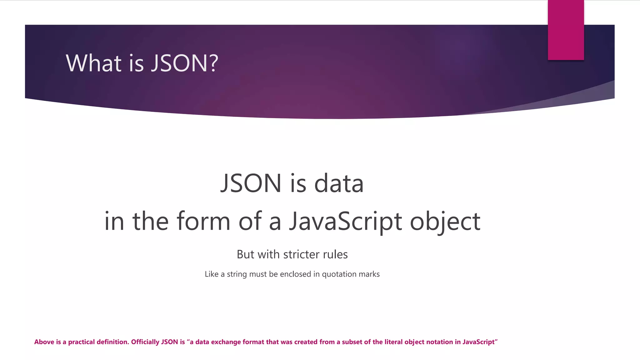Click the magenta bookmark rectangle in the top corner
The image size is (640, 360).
[x=566, y=30]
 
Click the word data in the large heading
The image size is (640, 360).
[x=339, y=183]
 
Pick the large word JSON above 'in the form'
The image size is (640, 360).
[x=251, y=183]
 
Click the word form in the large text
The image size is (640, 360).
[x=203, y=221]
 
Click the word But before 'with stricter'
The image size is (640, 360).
[x=246, y=254]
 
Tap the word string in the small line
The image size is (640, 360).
[x=237, y=274]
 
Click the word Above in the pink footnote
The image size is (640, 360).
[x=44, y=342]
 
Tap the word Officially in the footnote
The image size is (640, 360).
[x=145, y=342]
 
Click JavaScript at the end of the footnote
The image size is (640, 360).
[x=478, y=342]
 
